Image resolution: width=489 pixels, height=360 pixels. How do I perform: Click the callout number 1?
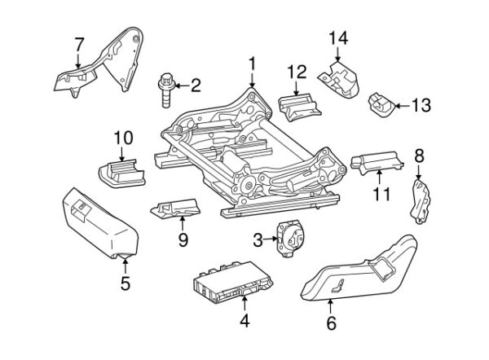pos(252,63)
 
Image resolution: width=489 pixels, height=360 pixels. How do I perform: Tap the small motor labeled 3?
pos(287,238)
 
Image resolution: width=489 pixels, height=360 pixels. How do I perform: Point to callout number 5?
pos(125,284)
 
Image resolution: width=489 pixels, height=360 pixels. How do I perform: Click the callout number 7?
pos(79,43)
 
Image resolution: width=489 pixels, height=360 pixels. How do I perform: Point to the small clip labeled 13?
pos(380,103)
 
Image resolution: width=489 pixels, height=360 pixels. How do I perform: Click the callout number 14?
pos(337,37)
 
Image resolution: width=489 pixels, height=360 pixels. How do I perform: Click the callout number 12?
pos(296,72)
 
